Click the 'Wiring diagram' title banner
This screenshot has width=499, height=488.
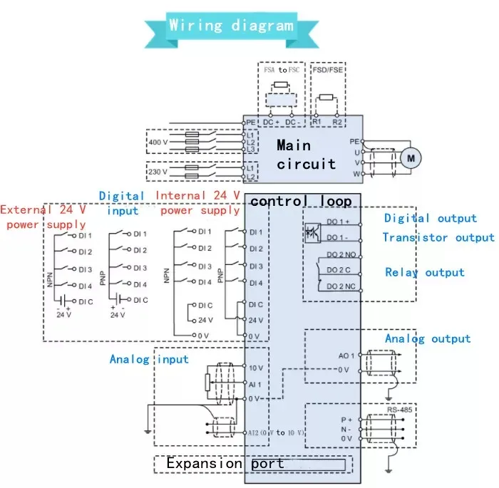pos(231,26)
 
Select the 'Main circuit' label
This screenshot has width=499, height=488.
pos(306,155)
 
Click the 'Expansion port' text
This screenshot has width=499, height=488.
pos(225,464)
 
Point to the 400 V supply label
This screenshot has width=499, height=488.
pos(157,142)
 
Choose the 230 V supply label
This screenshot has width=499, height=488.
pos(157,172)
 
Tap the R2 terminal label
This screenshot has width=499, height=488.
pos(338,122)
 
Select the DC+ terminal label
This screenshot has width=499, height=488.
pos(272,122)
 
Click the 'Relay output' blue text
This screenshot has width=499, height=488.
pos(425,272)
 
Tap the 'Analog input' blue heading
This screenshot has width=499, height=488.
pos(149,359)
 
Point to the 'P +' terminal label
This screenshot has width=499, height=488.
pos(346,420)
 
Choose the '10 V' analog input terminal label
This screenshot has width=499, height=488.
pos(257,368)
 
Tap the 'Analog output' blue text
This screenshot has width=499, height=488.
pos(428,339)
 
